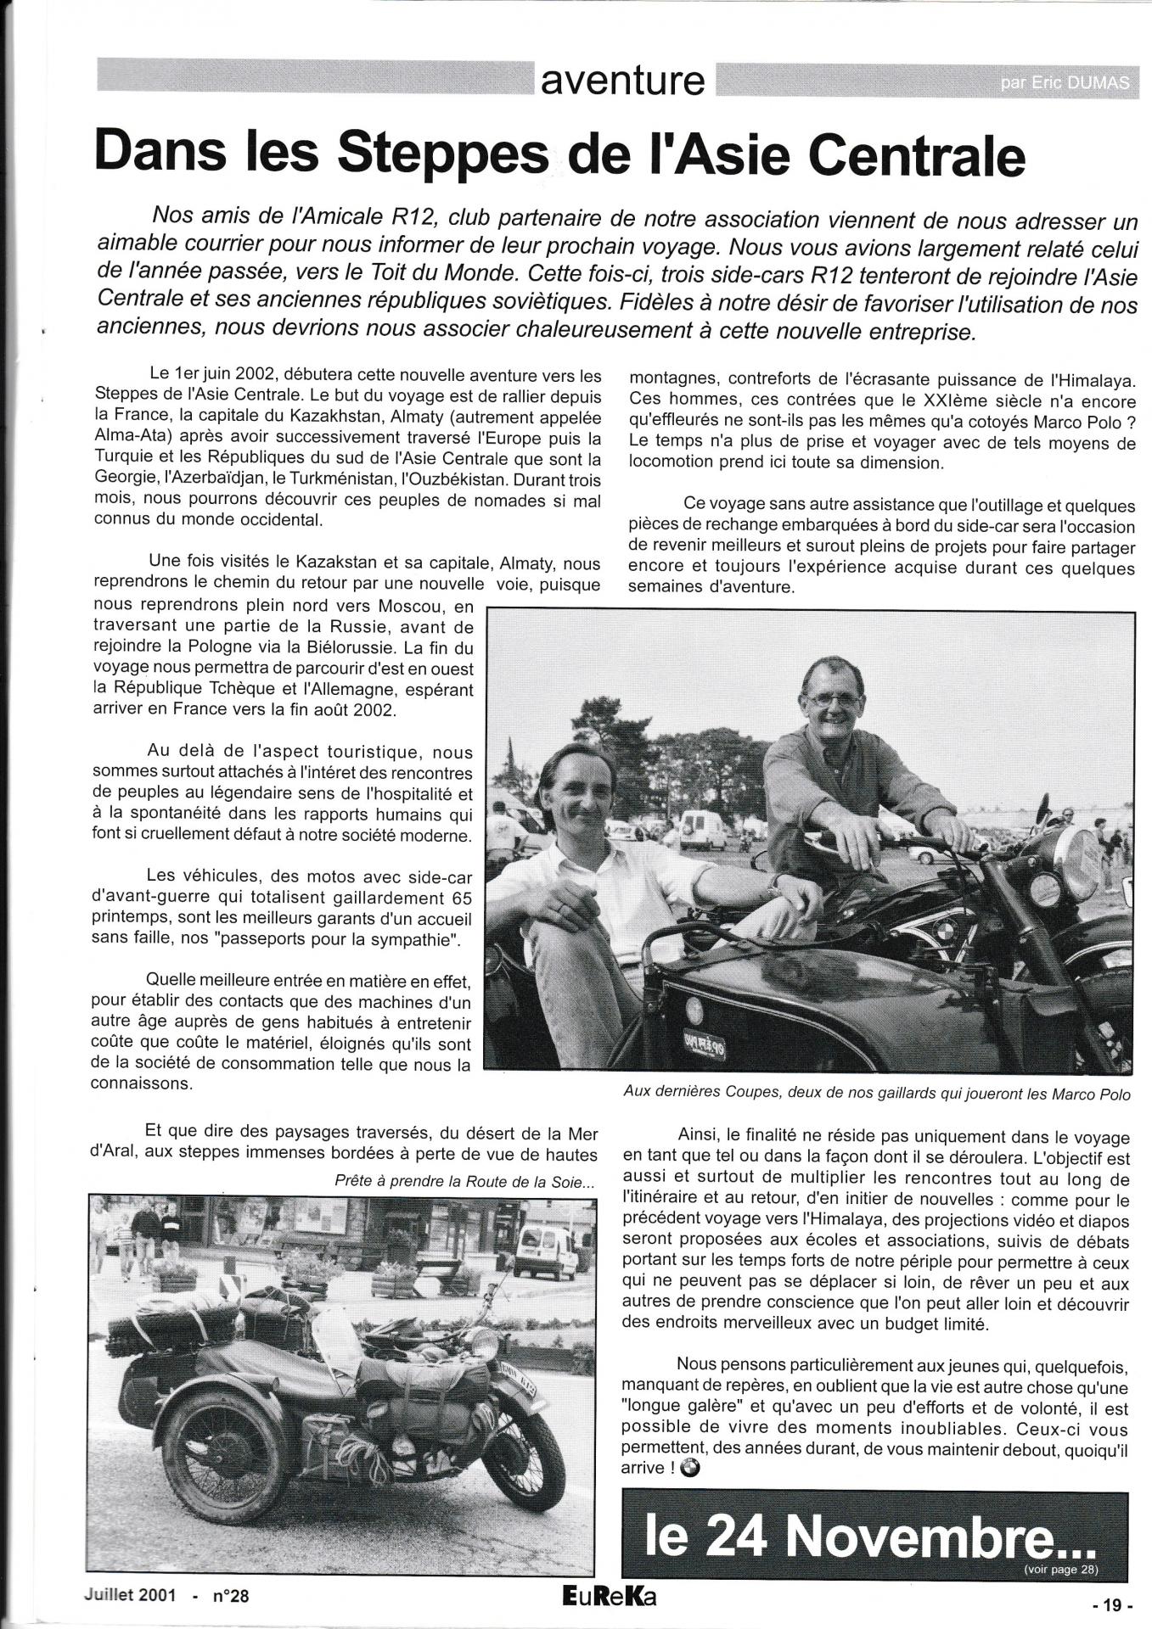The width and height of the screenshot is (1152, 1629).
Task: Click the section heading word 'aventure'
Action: pos(623,81)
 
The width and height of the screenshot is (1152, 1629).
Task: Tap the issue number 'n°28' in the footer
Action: pos(231,1596)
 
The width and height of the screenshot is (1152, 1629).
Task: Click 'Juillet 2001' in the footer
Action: pos(131,1595)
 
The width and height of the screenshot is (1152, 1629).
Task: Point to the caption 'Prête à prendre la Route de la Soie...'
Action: pos(466,1180)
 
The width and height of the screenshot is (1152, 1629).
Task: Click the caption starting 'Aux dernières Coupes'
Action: pos(876,1094)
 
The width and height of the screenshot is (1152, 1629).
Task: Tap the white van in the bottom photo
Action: pos(544,1251)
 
